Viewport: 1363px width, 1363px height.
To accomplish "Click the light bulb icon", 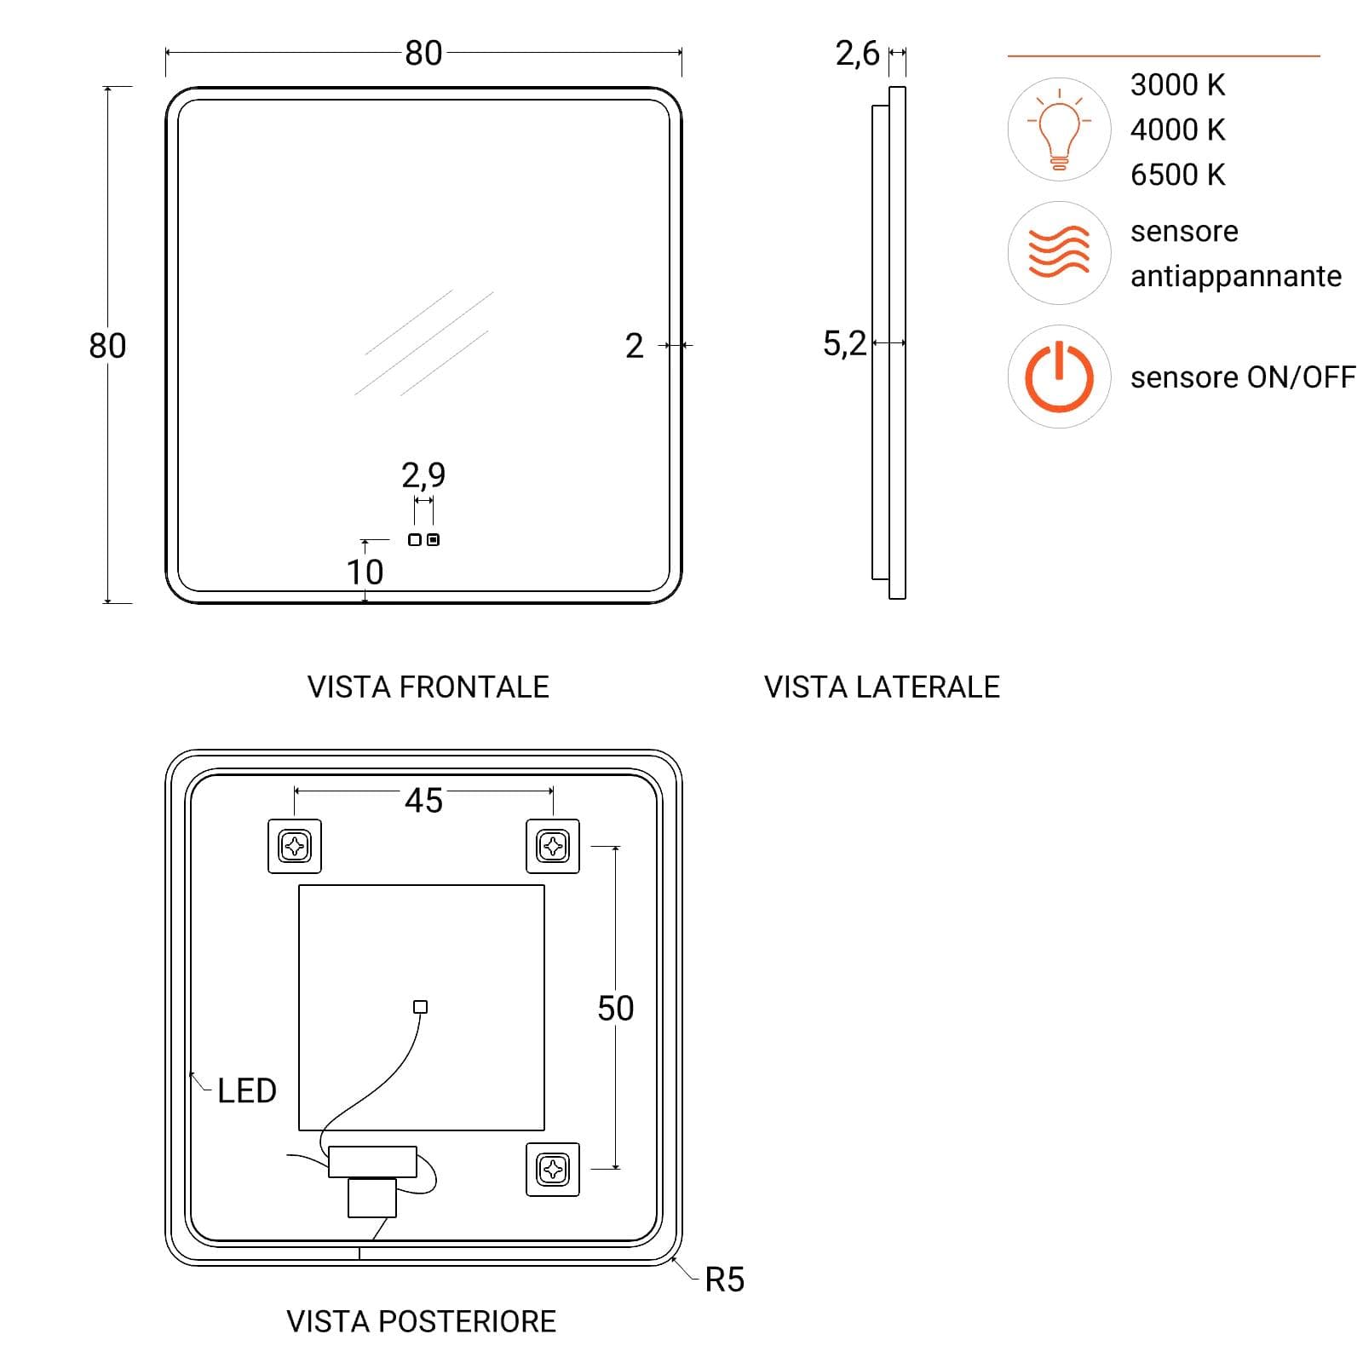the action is [x=1059, y=129].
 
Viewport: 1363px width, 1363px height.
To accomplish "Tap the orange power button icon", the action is [x=1059, y=377].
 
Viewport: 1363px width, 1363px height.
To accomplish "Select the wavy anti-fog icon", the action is [x=1059, y=252].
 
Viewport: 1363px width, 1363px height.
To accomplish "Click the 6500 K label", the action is [x=1177, y=175].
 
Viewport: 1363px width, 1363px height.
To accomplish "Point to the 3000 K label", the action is [x=1177, y=85].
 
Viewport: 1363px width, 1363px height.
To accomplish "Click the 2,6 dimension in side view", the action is [x=857, y=54].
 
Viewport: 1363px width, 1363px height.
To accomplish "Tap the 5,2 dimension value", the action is [x=844, y=343].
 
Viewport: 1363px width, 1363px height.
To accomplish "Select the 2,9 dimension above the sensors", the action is [x=423, y=474].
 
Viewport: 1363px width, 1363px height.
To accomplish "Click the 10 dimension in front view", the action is [x=365, y=572].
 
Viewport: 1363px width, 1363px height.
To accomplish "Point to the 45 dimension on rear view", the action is [x=423, y=801].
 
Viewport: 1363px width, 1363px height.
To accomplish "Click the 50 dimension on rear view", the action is [x=615, y=1009].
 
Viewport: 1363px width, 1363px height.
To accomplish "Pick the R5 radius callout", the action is [x=725, y=1280].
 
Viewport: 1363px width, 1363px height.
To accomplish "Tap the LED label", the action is [x=247, y=1091].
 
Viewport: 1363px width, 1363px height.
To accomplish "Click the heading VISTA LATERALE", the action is [x=882, y=687].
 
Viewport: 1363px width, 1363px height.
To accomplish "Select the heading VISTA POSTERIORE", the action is [x=422, y=1322].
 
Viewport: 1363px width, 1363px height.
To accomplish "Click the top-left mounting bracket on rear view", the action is [x=295, y=846].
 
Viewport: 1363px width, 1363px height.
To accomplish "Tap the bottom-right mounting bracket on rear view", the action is [x=553, y=1169].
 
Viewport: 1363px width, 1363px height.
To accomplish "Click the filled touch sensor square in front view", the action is [x=433, y=540].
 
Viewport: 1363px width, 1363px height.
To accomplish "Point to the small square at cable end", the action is [x=420, y=1007].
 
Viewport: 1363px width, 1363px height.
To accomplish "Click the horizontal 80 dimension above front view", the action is [x=423, y=54].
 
